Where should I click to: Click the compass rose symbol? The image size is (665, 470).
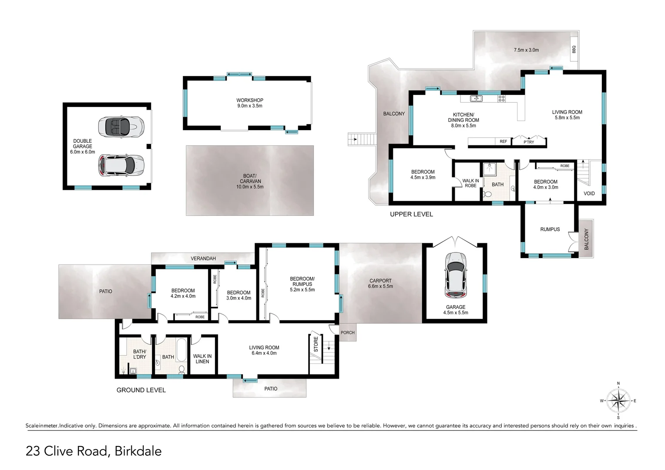[618, 400]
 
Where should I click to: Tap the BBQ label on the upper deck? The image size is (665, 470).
[573, 50]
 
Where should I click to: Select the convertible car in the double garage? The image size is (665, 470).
[121, 127]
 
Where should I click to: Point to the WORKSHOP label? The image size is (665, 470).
[249, 100]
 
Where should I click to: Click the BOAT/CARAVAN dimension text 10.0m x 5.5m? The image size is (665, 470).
[249, 187]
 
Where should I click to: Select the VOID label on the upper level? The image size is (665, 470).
[589, 193]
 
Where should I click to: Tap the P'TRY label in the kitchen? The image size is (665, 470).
[528, 142]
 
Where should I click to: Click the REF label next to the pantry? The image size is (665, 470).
[503, 141]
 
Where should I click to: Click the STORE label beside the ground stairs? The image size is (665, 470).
[316, 344]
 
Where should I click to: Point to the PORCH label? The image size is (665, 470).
[347, 332]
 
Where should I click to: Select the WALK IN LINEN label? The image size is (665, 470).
[202, 359]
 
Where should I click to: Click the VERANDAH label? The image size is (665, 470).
[203, 258]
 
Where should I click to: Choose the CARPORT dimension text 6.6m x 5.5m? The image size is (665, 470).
[380, 286]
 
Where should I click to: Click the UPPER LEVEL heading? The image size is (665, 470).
[411, 214]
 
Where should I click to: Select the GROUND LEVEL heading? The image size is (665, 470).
[141, 390]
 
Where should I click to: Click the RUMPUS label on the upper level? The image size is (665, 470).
[550, 229]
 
